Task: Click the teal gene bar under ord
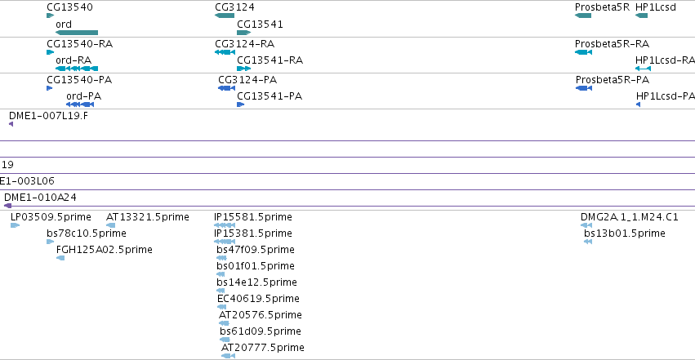(77, 33)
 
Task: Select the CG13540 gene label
(70, 7)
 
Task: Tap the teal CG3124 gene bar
(225, 16)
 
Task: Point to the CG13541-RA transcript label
(270, 60)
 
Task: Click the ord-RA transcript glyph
(77, 69)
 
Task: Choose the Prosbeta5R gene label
(602, 7)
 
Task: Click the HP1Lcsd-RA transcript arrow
(643, 69)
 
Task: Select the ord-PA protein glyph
(80, 104)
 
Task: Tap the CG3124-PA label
(247, 80)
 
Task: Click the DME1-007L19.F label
(48, 116)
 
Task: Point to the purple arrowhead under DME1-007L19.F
(11, 124)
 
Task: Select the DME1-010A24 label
(40, 197)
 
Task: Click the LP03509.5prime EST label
(51, 217)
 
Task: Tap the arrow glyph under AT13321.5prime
(111, 225)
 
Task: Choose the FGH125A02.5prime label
(105, 250)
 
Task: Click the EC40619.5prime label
(258, 299)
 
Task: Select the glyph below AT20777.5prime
(229, 356)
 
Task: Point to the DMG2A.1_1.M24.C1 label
(630, 217)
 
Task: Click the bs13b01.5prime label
(625, 233)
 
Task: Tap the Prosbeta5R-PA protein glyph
(584, 88)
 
